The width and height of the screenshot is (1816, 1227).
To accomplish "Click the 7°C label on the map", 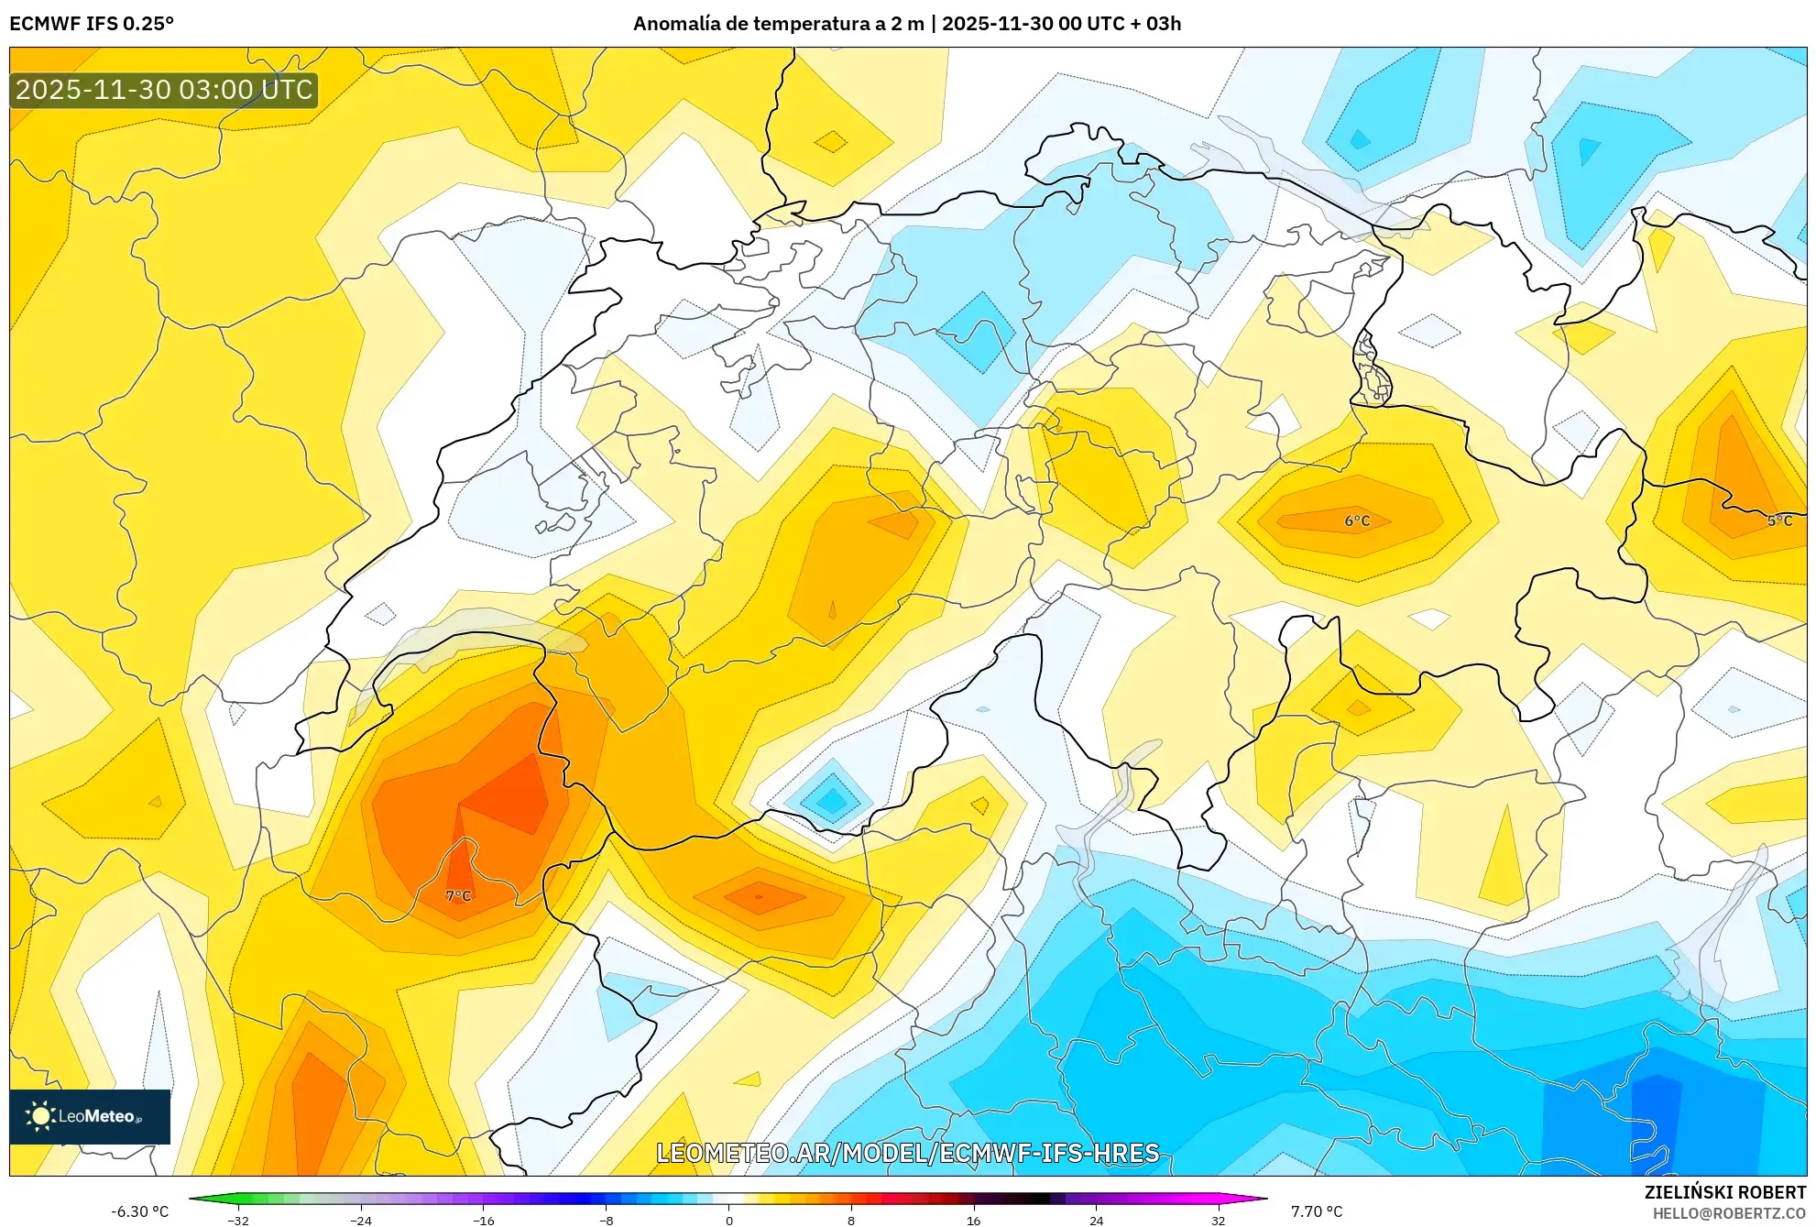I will pos(458,895).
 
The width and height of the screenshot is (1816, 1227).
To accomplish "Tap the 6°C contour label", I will pos(1357,520).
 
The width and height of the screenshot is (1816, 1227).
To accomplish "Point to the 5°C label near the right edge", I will pos(1779,520).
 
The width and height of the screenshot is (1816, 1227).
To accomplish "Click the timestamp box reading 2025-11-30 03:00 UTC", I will pos(164,90).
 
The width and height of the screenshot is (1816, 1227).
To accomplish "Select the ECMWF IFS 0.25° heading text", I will pos(92,24).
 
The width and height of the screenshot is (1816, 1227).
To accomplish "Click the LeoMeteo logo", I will pos(90,1116).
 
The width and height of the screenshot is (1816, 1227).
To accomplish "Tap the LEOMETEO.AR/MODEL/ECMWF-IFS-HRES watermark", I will pos(907,1153).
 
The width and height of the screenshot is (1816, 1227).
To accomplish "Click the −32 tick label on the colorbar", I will pos(238,1220).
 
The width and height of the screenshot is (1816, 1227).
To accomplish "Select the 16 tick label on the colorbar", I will pos(973,1220).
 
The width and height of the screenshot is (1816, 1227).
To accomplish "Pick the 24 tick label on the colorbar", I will pos(1096,1220).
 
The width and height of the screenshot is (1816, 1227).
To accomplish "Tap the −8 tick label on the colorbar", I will pos(606,1220).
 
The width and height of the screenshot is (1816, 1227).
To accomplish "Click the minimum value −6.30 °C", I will pos(140,1211).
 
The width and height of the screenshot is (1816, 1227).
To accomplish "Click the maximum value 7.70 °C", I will pos(1317,1211).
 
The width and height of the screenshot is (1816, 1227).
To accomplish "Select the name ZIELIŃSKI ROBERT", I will pos(1725,1192).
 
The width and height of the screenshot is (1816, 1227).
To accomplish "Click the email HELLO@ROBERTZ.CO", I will pos(1729,1213).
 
